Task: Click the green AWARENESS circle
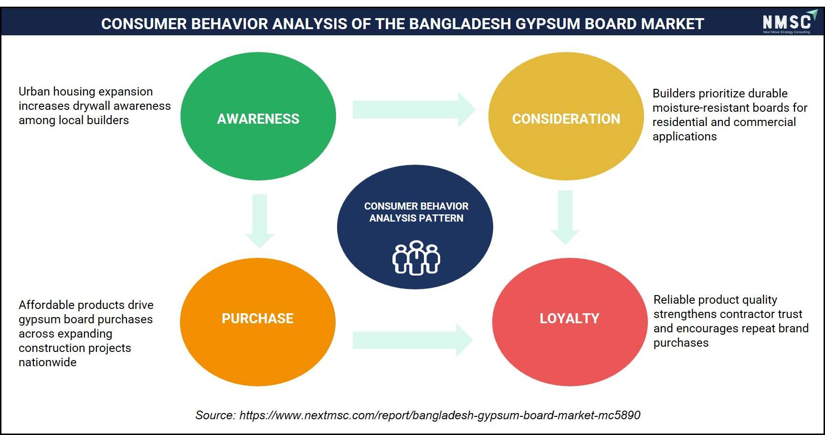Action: click(258, 116)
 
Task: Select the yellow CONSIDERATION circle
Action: click(566, 116)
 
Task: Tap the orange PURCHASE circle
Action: click(258, 322)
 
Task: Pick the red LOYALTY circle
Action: click(570, 322)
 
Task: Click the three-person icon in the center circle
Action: click(416, 258)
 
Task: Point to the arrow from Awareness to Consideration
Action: click(414, 110)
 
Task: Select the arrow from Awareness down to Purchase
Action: click(259, 221)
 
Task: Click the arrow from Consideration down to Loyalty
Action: click(565, 218)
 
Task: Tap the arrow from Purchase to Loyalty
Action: click(412, 340)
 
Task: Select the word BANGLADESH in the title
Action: click(460, 24)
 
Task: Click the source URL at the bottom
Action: click(440, 415)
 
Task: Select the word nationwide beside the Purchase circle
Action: click(47, 362)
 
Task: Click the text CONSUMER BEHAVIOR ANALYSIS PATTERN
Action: click(416, 212)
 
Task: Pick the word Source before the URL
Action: click(215, 415)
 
